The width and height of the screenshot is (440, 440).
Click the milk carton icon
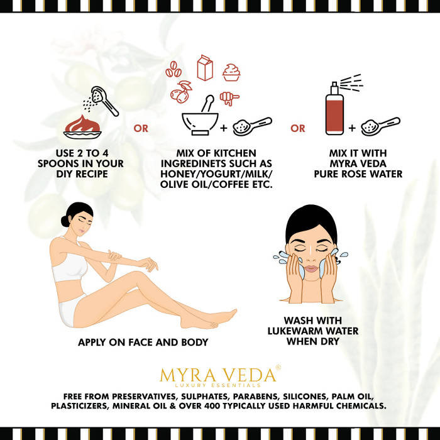[x=205, y=68]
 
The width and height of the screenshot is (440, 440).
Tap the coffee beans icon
[x=173, y=69]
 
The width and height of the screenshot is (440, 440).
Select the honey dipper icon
[x=229, y=99]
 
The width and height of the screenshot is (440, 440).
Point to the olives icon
[x=181, y=92]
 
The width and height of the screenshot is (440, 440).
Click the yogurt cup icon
[x=231, y=72]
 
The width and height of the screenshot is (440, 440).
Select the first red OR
[x=141, y=128]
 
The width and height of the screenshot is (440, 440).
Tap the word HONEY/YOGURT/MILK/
[x=216, y=174]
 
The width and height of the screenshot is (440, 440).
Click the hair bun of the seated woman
[x=65, y=221]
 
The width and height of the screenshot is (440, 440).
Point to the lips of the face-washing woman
[x=311, y=268]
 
